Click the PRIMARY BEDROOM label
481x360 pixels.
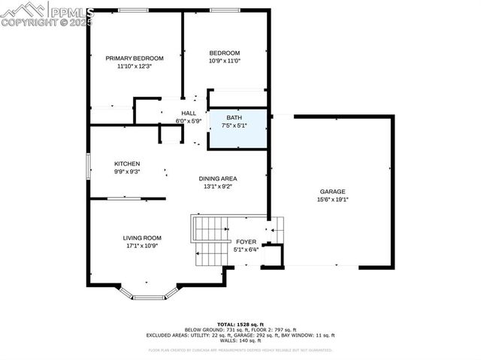click(135, 58)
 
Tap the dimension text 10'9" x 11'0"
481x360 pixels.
click(225, 61)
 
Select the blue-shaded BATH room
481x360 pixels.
click(237, 129)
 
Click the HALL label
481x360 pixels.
click(188, 113)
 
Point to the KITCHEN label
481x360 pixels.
click(127, 164)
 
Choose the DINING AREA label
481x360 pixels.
click(218, 178)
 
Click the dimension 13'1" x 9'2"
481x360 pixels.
click(218, 186)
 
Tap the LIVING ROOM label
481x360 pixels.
click(143, 237)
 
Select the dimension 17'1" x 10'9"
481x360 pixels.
click(143, 246)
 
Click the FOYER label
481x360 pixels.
click(246, 241)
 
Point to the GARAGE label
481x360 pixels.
click(333, 191)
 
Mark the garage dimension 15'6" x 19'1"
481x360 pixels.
click(333, 199)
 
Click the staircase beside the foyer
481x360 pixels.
click(211, 240)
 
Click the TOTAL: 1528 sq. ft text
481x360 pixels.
click(240, 322)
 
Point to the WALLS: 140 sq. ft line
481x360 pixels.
click(240, 341)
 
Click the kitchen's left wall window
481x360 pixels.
click(89, 164)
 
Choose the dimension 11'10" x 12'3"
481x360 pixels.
click(135, 66)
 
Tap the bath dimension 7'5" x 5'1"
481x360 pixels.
click(237, 126)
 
